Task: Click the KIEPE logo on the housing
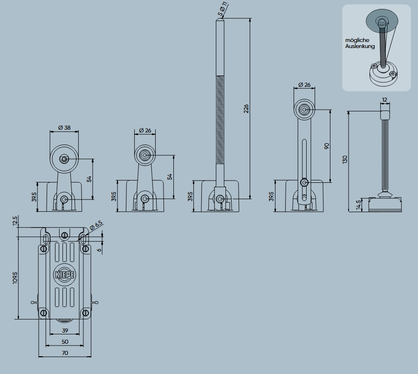[65, 274]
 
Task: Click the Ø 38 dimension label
[64, 128]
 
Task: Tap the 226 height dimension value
[247, 108]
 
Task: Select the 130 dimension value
[345, 159]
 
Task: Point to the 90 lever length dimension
[327, 146]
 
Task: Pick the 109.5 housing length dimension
[15, 278]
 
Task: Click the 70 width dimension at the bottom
[65, 353]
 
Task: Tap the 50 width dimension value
[65, 342]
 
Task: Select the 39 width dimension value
[65, 330]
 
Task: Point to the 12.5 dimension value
[15, 221]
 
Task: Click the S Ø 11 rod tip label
[223, 9]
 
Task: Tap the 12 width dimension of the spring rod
[384, 100]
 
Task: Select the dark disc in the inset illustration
[382, 20]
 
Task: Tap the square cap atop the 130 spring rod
[384, 114]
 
